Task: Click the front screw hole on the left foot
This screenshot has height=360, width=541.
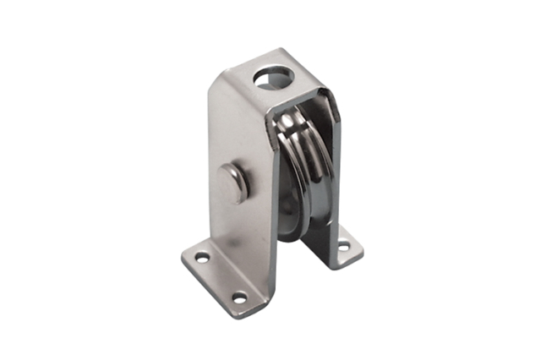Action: (239, 297)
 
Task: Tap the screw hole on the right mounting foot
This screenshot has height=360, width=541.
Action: (343, 246)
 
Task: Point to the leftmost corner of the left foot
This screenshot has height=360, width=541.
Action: (183, 254)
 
